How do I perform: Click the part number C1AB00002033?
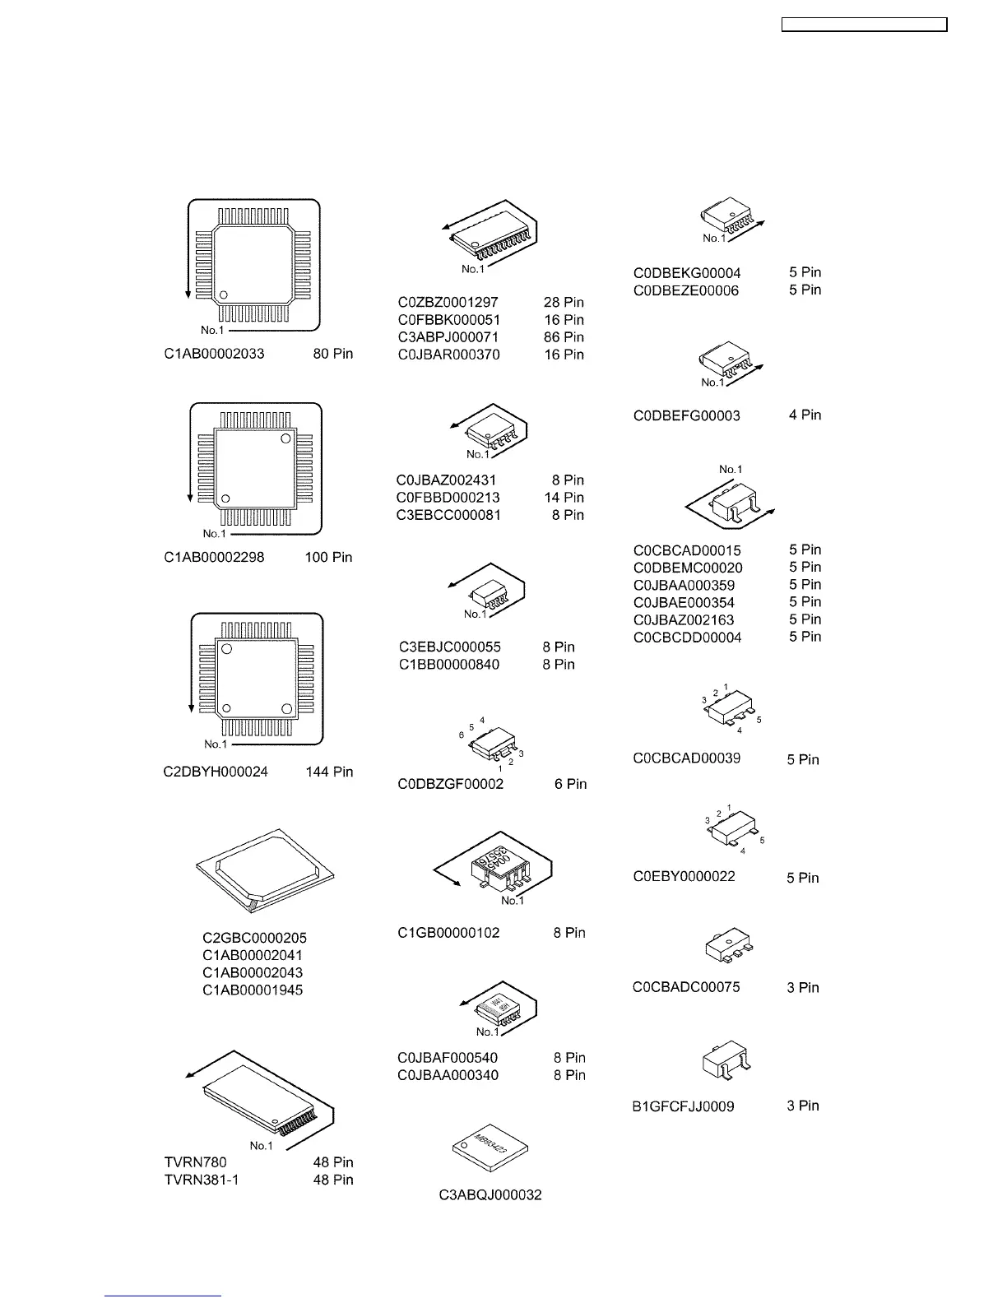214,355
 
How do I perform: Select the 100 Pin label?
328,558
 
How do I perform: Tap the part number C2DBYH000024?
216,772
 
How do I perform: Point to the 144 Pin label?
329,772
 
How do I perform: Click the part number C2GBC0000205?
254,938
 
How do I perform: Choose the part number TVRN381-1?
202,1180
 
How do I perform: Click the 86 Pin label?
564,337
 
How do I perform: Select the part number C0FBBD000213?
448,498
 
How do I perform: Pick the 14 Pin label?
564,498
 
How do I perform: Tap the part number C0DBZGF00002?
450,785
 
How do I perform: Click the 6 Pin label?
570,785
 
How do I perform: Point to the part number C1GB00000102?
448,934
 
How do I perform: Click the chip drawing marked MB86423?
490,1147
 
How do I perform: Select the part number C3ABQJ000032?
490,1195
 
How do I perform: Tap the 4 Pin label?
805,415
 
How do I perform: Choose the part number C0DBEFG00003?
686,416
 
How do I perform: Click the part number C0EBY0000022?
684,877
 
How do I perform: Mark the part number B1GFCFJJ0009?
683,1107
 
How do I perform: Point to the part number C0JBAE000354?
684,603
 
